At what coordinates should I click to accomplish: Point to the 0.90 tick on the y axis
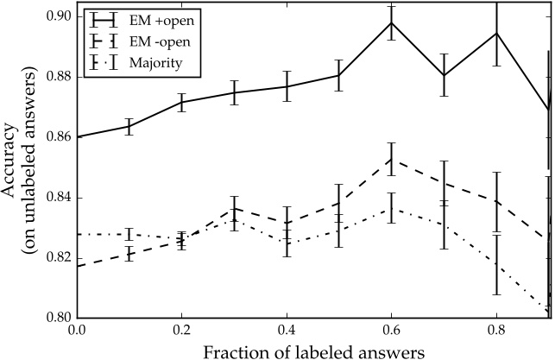pos(57,16)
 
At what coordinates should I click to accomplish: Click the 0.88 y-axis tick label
pos(57,77)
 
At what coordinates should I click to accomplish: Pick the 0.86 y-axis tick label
pos(57,137)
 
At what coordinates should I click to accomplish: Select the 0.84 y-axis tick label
pos(57,198)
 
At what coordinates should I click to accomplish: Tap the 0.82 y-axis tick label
pos(57,258)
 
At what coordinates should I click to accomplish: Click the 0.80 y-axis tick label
pos(57,319)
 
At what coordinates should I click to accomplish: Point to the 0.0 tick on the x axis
pos(76,331)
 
